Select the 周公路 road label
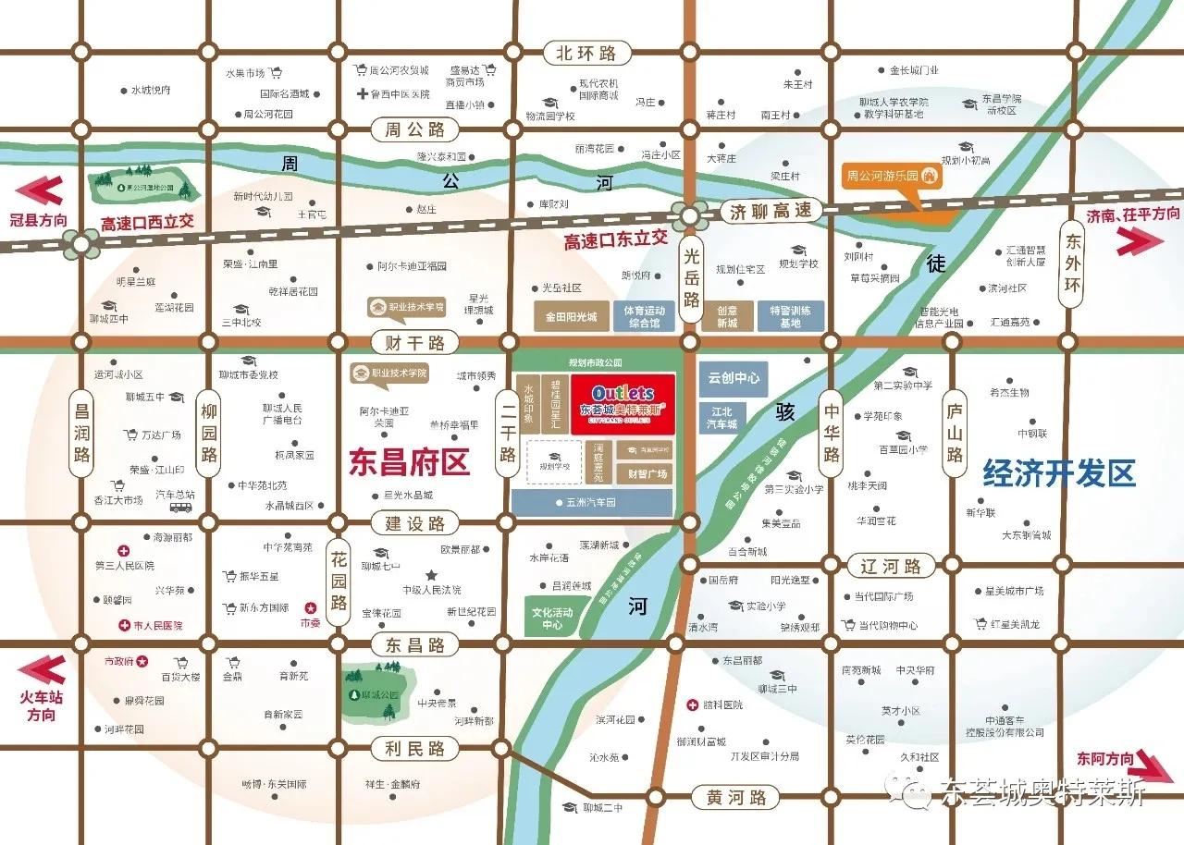414,129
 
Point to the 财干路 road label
414,343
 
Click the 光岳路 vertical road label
691,276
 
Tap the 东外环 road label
1072,262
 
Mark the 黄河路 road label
736,796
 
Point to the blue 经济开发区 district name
1058,473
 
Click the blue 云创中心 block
734,378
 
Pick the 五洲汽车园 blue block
592,503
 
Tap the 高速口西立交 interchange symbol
82,244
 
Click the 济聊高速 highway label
771,211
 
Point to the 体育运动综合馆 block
643,317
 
